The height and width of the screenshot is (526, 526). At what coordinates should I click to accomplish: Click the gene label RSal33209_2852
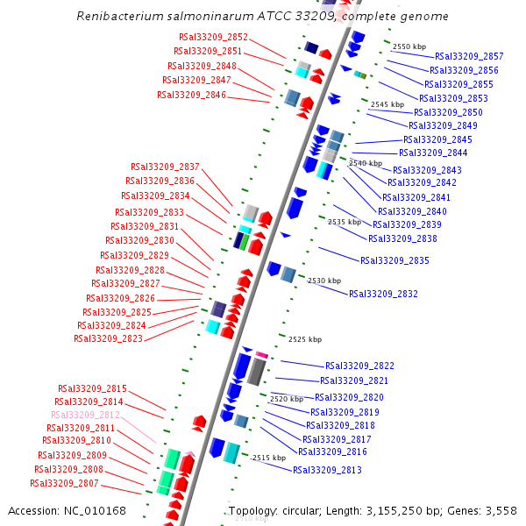(213, 38)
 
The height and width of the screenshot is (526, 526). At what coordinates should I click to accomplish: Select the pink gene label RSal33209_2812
(85, 415)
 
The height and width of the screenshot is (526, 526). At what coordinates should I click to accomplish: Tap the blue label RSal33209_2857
(469, 56)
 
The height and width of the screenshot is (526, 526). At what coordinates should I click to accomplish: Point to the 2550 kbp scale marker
(409, 46)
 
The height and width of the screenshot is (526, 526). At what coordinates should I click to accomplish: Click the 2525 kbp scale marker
(305, 339)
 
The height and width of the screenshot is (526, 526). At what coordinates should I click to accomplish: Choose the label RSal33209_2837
(165, 167)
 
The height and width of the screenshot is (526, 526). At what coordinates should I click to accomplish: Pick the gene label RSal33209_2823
(108, 338)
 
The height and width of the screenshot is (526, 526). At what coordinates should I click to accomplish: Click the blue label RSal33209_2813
(327, 471)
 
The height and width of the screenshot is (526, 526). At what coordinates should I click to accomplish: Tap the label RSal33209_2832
(383, 295)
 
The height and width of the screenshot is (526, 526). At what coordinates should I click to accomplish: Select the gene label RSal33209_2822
(359, 366)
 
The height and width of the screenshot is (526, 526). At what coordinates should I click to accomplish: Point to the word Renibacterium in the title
(115, 17)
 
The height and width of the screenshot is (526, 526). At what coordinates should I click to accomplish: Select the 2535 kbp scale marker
(345, 223)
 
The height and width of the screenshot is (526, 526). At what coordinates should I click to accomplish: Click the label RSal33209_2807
(64, 483)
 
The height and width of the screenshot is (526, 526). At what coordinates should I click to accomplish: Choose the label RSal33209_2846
(191, 95)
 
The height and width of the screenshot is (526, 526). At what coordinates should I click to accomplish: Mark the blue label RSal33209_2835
(394, 260)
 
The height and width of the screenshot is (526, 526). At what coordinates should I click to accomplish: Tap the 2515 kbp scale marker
(268, 458)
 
